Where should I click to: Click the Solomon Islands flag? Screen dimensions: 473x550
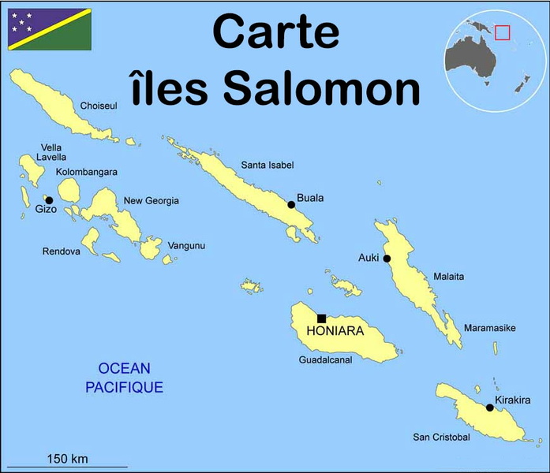50,29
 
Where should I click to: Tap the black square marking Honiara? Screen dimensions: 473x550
321,318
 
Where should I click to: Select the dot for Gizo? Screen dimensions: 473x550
49,200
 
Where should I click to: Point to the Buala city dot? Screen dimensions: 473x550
291,205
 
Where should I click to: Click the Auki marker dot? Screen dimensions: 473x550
387,258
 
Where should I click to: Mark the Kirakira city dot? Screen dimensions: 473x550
490,408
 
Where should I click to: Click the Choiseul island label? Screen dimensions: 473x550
99,105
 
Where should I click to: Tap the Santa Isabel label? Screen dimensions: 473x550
268,165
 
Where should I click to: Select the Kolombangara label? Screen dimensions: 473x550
87,172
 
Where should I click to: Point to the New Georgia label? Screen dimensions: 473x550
151,201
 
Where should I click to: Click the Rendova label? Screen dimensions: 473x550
62,251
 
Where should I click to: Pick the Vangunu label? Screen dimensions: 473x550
187,246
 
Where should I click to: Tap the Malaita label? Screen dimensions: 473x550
448,277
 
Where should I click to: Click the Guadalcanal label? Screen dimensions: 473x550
325,360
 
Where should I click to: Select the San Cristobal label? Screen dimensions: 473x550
441,437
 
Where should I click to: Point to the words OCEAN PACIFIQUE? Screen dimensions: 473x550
125,378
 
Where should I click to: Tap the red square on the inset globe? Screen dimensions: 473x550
503,32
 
